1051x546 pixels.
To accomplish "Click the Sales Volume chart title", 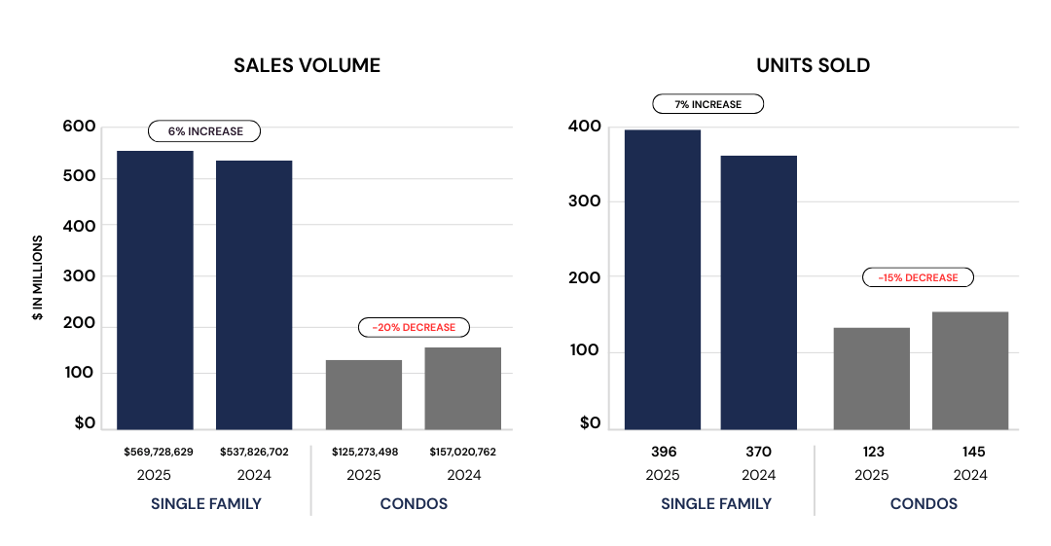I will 307,66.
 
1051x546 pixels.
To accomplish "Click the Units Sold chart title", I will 813,66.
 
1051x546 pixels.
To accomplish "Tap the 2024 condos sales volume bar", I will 463,388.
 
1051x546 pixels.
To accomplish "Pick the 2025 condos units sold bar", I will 872,379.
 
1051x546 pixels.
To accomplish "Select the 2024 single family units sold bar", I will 759,292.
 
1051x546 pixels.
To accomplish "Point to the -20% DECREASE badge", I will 414,328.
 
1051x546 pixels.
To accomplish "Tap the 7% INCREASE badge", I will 708,104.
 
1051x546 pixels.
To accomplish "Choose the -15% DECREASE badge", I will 918,277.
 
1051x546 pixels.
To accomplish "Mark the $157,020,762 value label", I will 463,452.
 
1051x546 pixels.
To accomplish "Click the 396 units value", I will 664,452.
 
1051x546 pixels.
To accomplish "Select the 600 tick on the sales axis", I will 79,127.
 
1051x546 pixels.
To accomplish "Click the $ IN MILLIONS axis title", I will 38,278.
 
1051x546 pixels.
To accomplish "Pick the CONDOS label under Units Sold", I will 924,504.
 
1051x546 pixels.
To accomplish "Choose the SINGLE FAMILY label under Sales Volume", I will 206,504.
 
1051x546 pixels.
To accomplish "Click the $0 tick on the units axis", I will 590,423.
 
